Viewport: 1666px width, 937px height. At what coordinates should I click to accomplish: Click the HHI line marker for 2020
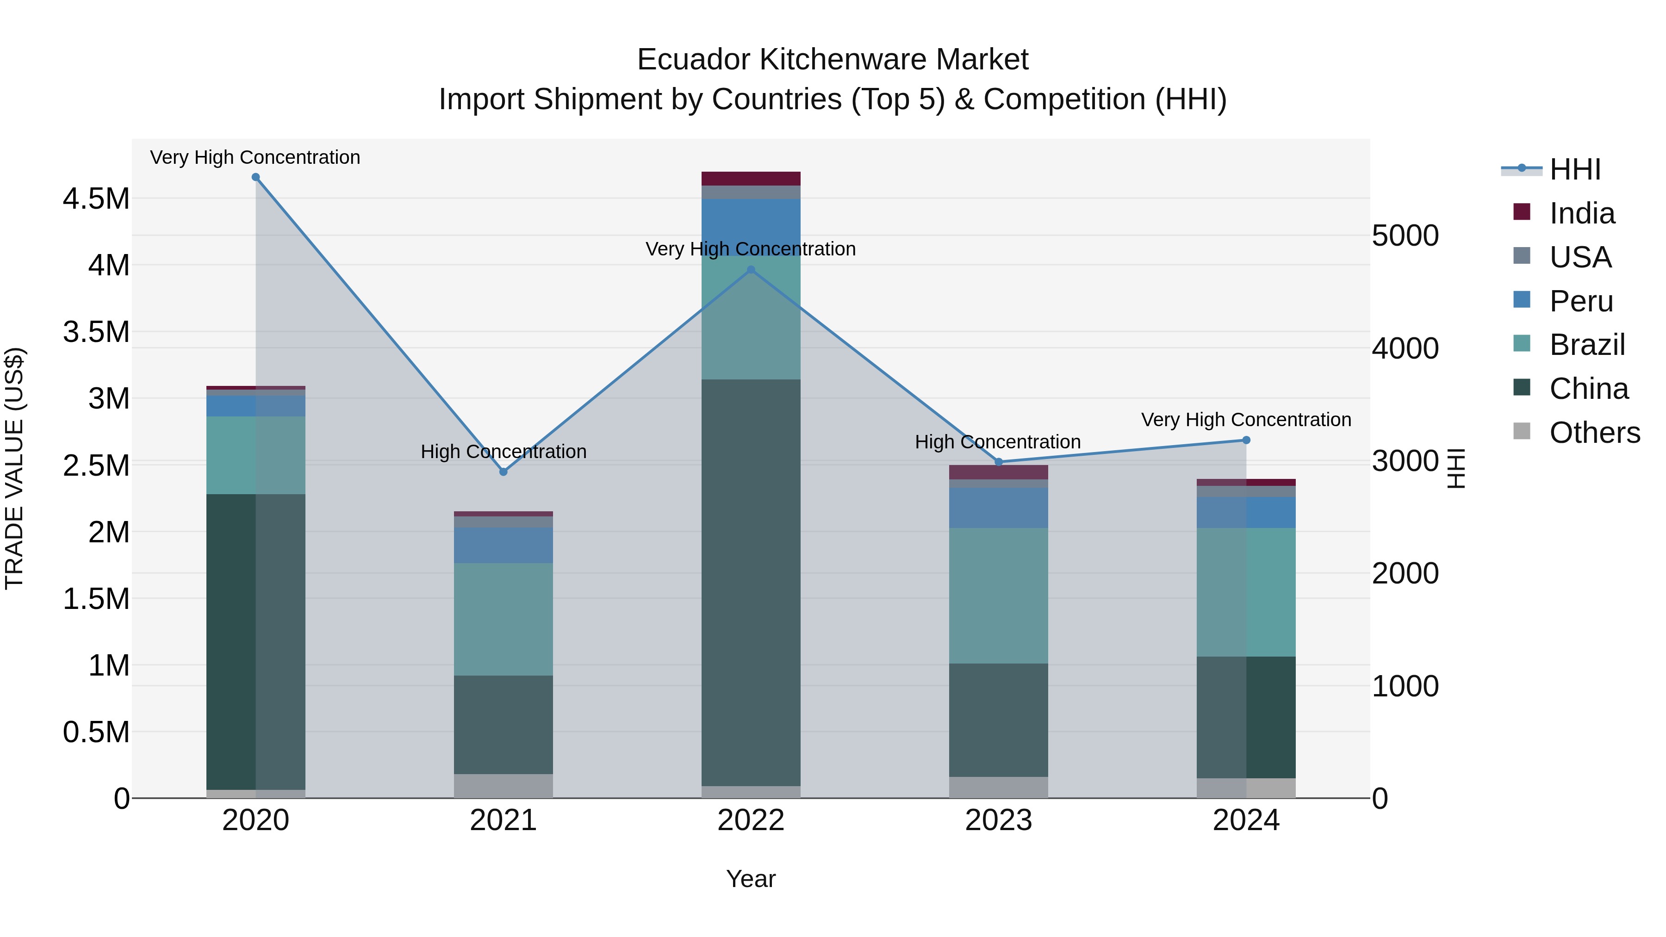click(x=255, y=177)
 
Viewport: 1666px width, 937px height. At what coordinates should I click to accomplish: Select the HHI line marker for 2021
click(x=503, y=472)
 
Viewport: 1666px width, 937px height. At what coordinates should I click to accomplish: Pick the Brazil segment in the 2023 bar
click(x=999, y=595)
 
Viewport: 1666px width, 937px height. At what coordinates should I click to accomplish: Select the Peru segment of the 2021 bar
click(x=503, y=545)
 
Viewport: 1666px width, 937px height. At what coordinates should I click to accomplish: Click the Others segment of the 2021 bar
click(x=503, y=786)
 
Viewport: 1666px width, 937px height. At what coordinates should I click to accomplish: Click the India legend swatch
click(x=1522, y=212)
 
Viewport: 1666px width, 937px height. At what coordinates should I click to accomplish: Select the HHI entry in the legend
click(x=1574, y=169)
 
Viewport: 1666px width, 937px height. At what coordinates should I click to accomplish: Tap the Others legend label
click(x=1594, y=433)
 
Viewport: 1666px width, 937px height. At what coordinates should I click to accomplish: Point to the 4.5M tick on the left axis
click(x=96, y=199)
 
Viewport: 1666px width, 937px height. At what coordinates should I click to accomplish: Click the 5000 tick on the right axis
click(x=1405, y=236)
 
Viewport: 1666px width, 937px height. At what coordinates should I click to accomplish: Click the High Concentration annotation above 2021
click(x=503, y=451)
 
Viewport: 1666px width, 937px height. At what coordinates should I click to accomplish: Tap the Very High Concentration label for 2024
click(x=1246, y=420)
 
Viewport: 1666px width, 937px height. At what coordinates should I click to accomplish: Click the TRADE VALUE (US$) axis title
click(x=14, y=468)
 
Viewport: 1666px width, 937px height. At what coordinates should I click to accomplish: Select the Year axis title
click(x=750, y=879)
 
